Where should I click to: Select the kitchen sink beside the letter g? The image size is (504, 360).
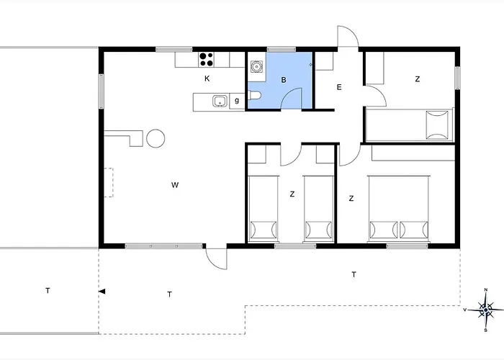click(x=220, y=101)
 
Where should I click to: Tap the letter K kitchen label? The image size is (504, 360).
click(x=207, y=78)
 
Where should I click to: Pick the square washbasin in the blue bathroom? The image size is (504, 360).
click(x=256, y=67)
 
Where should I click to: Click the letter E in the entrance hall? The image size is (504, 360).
click(x=338, y=87)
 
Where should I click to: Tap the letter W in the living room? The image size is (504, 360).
click(x=174, y=186)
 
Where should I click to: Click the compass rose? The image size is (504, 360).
click(x=485, y=310)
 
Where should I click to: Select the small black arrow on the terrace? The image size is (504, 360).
click(x=102, y=292)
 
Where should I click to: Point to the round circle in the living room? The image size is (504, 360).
click(x=156, y=138)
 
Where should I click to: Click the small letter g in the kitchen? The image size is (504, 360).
click(x=236, y=101)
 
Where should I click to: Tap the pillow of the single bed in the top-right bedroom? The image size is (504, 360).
click(x=436, y=123)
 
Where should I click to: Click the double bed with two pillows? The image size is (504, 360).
click(x=399, y=209)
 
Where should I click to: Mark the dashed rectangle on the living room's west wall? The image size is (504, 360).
click(x=108, y=183)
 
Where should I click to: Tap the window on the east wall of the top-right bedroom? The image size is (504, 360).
click(x=457, y=78)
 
